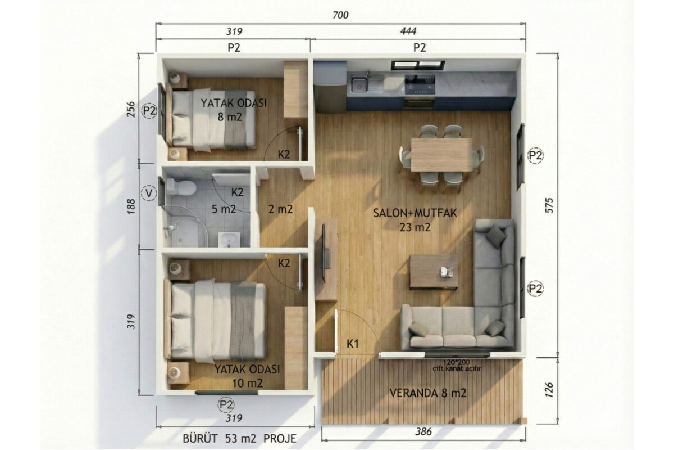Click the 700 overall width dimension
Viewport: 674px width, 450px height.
[340, 15]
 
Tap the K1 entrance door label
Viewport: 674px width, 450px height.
[353, 344]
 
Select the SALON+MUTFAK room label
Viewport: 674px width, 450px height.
[415, 213]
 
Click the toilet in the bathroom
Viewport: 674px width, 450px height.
[181, 187]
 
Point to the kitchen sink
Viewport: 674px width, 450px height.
[359, 84]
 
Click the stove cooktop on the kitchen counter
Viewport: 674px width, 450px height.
[420, 83]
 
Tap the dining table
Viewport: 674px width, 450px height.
[441, 155]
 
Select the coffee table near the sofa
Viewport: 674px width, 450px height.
[434, 272]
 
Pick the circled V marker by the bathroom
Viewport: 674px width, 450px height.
[149, 193]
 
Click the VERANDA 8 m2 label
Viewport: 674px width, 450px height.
[427, 393]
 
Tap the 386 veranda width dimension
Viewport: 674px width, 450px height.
[423, 431]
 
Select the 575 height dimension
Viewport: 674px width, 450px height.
[549, 205]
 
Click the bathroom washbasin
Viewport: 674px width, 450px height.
[229, 240]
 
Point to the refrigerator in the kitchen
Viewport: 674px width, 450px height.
[330, 87]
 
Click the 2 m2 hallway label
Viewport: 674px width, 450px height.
[280, 209]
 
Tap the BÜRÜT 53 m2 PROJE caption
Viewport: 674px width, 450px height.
[239, 438]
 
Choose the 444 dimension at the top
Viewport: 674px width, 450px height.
[408, 31]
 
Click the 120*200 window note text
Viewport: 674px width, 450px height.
[457, 362]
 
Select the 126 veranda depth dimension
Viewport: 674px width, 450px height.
[549, 390]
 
